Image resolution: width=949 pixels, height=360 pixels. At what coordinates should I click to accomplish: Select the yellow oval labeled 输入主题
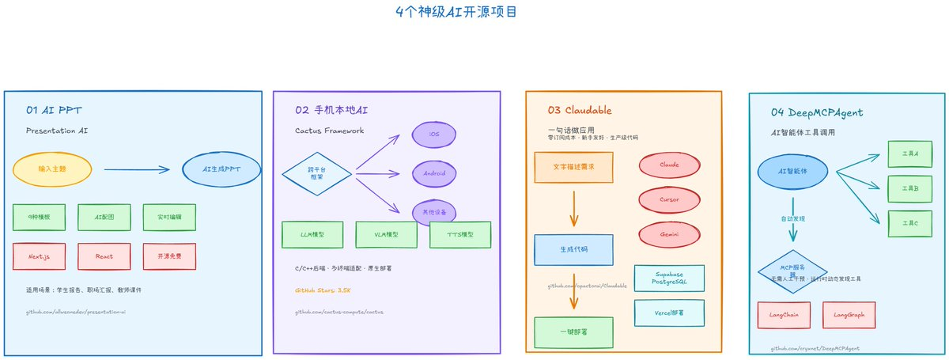coord(52,169)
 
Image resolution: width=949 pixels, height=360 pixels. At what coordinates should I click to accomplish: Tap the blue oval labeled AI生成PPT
coord(221,169)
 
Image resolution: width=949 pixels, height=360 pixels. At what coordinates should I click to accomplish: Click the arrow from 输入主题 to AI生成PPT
coord(137,169)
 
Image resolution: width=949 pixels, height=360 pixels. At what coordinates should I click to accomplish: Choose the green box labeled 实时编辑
coord(169,217)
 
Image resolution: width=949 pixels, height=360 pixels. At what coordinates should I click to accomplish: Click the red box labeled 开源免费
coord(169,256)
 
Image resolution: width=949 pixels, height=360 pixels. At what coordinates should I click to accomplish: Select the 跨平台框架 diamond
coord(317,172)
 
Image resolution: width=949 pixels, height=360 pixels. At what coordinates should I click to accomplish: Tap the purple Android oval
coord(434,172)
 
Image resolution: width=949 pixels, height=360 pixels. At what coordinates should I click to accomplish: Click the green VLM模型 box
coord(386,234)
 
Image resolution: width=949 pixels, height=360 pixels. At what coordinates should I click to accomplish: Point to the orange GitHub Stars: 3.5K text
coord(323,290)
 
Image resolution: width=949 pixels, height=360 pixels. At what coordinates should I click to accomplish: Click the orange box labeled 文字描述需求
coord(573,167)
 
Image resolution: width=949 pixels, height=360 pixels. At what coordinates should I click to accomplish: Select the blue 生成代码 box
coord(573,249)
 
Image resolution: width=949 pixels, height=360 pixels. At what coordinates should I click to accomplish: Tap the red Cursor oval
coord(669,199)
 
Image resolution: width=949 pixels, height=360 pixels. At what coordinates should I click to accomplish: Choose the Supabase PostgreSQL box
coord(669,278)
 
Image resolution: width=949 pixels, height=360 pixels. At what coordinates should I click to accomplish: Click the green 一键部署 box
coord(573,332)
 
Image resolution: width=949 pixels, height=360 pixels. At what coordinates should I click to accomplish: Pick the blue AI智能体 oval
coord(792,171)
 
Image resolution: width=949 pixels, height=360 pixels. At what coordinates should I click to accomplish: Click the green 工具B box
coord(904,189)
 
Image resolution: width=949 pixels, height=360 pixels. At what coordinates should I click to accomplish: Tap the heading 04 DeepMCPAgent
coord(815,112)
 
